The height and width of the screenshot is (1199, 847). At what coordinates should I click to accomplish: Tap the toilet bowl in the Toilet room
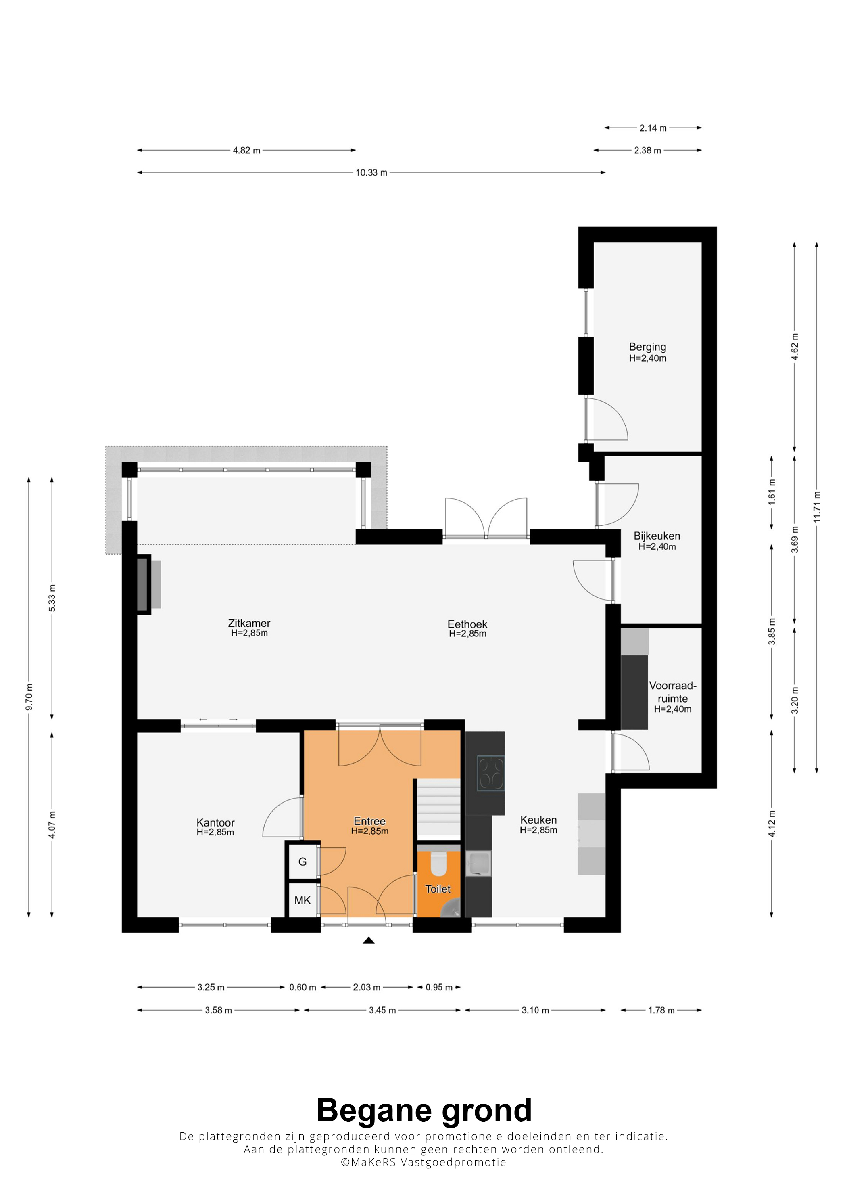coord(438,864)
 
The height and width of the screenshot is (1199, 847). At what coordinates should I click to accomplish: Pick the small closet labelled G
coord(302,862)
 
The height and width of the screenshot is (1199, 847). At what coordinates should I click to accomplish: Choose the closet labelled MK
coord(302,900)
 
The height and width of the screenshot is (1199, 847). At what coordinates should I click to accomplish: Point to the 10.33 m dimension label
coord(371,173)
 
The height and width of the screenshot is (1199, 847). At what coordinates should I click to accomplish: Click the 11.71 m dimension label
coord(817,506)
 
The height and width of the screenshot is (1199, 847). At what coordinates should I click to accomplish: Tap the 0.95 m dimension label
coord(439,987)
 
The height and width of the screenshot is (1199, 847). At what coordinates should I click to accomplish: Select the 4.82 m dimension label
coord(246,151)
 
